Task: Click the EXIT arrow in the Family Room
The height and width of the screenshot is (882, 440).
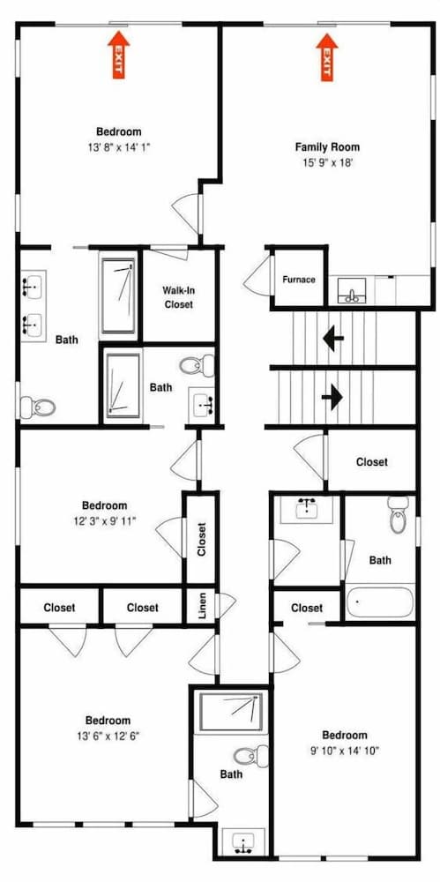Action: coord(327,56)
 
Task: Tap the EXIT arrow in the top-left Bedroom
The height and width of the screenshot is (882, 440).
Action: coord(119,54)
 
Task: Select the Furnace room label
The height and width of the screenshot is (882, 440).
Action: coord(299,280)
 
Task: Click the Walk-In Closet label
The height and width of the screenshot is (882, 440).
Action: coord(178,297)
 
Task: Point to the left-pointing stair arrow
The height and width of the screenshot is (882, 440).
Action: coord(333,340)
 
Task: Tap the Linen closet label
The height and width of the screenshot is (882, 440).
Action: coord(203,606)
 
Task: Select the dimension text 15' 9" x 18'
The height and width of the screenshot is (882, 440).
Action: coord(327,163)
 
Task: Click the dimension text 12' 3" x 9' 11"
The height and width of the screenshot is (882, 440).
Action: coord(105,521)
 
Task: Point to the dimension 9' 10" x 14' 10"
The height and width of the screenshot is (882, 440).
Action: coord(345,750)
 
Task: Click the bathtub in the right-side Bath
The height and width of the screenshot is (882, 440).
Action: coord(380,602)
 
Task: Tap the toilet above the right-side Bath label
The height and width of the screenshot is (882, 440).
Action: coord(398,515)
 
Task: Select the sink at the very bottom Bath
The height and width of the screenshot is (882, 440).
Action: coord(243,842)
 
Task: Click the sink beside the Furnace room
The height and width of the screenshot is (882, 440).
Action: coord(352,291)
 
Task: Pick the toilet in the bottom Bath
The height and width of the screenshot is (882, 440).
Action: coord(251,756)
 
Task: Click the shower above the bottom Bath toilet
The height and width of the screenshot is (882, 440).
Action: coord(231,712)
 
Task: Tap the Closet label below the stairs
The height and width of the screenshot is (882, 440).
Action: coord(372,462)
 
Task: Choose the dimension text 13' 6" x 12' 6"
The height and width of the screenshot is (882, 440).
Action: coord(108,736)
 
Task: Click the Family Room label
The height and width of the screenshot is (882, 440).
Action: coord(327,147)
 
